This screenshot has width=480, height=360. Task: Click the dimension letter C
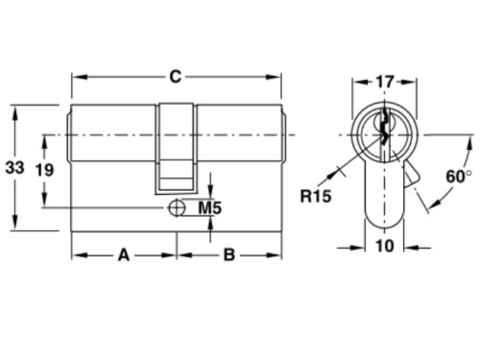(x=176, y=77)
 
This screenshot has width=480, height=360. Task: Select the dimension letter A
(x=124, y=255)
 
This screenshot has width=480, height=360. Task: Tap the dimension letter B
(x=229, y=255)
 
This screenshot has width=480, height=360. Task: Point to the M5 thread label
(x=210, y=208)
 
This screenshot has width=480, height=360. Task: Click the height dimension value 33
(x=14, y=167)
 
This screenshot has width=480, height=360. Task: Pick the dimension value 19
(x=44, y=170)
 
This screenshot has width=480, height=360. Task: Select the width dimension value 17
(x=384, y=82)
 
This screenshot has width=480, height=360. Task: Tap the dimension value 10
(x=384, y=246)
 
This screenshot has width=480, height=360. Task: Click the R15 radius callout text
(x=316, y=196)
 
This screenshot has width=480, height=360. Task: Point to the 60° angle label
(x=459, y=177)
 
